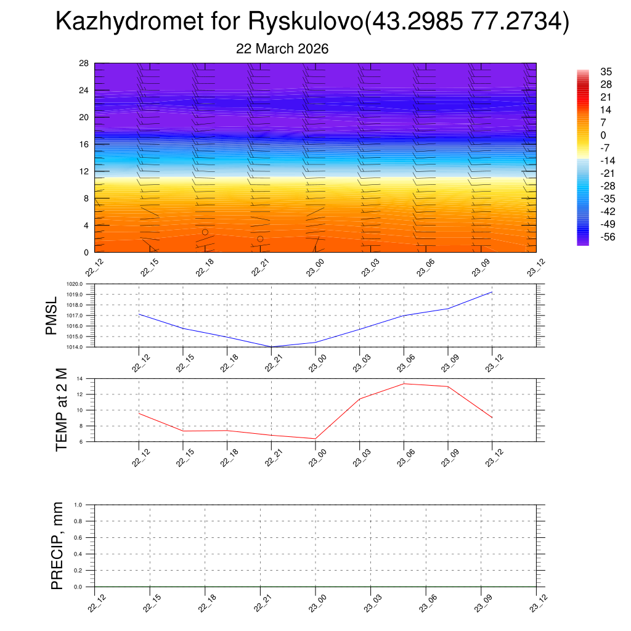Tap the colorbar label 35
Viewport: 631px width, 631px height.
pos(606,71)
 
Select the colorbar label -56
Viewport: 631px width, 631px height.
pos(607,237)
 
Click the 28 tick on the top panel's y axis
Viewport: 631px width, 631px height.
pos(84,63)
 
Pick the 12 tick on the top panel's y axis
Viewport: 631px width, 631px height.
pos(84,171)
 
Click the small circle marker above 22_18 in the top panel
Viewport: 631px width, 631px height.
pos(205,232)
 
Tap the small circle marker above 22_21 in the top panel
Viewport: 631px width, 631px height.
pos(260,239)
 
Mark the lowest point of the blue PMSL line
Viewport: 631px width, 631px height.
pos(271,347)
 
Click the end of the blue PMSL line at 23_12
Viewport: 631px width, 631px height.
pos(492,291)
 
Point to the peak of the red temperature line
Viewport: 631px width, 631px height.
pos(404,384)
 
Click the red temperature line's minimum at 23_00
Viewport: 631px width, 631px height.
pos(315,439)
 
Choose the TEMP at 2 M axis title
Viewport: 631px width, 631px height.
pos(61,410)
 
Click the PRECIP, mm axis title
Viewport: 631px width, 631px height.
pos(57,546)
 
